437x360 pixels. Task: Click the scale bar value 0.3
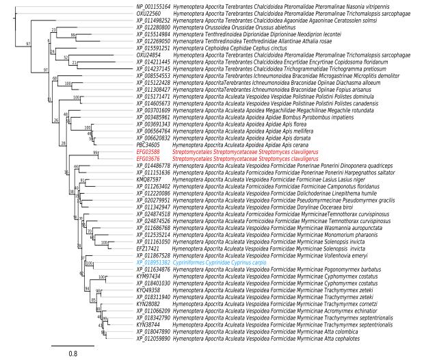point(73,353)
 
